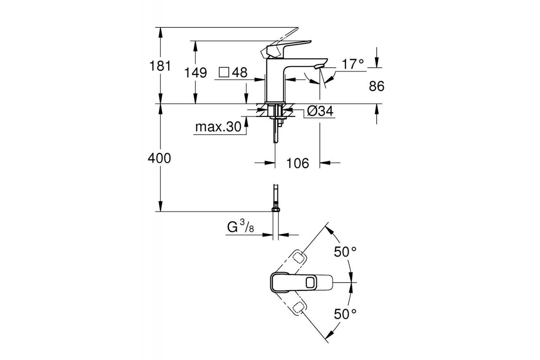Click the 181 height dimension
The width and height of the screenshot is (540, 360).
pos(161,66)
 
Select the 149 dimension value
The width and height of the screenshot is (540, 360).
pos(195,72)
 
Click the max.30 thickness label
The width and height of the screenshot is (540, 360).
pos(218,127)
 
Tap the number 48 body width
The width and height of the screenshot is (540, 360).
pos(240,72)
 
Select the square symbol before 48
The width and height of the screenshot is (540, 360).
pos(224,72)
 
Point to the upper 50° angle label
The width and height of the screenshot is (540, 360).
pos(345,252)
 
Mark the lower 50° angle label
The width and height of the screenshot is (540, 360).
pos(345,314)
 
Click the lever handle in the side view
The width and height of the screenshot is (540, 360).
pos(288,46)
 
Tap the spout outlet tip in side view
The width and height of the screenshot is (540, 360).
pos(319,67)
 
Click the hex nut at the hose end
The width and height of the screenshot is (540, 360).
pos(275,208)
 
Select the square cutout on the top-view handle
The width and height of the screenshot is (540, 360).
pos(310,283)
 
